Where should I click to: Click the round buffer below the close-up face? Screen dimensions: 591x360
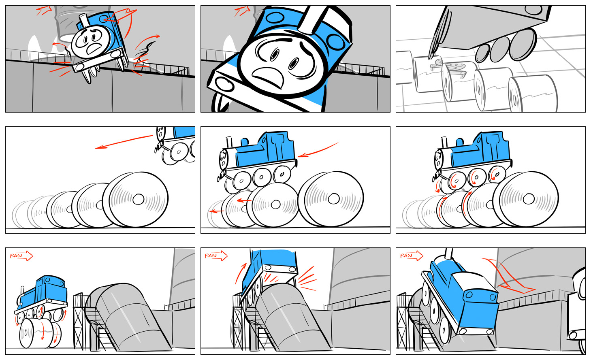[x=224, y=84]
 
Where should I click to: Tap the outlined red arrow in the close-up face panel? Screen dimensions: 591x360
[x=242, y=11]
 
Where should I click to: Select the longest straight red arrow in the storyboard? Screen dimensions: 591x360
[x=124, y=142]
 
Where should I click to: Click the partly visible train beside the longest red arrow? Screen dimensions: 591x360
[x=175, y=145]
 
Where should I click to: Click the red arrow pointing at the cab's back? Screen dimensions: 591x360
[x=318, y=150]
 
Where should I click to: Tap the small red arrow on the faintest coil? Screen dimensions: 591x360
[x=216, y=211]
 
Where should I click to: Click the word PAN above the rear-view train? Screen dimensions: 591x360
[x=406, y=256]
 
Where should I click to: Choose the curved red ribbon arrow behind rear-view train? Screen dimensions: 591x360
[x=508, y=277]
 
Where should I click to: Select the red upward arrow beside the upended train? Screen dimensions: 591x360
[x=240, y=273]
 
